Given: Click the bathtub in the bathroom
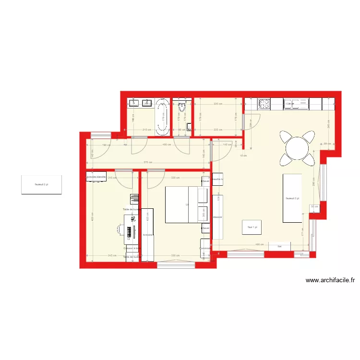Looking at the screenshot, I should pos(162,116).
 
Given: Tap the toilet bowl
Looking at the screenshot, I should pos(181,107).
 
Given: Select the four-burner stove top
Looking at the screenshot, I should pos(264,103).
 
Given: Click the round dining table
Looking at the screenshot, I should pos(297,147).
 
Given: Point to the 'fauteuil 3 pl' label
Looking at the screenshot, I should pos(292,198).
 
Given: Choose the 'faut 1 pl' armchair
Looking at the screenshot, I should pos(252,227).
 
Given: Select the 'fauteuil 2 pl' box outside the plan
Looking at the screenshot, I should pos(41,184).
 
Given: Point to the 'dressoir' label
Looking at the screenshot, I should pos(217,216).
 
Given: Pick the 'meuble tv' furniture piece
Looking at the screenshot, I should pos(217,179).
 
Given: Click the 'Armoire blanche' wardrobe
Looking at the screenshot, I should pos(96,177).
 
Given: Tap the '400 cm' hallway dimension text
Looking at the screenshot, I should pos(167,144).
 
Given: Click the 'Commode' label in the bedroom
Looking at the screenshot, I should pos(205,248).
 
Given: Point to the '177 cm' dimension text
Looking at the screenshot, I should pos(303,234).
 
